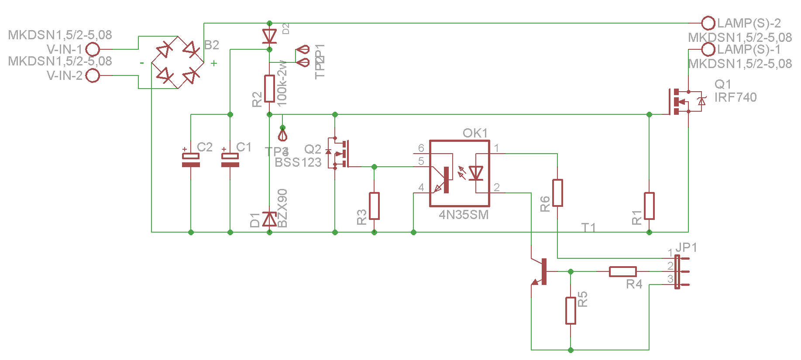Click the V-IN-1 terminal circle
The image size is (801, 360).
[93, 49]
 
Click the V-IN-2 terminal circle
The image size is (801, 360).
[93, 75]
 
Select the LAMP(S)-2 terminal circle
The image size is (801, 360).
[708, 23]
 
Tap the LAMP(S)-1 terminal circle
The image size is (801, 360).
[708, 49]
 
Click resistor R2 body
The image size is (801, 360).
[269, 88]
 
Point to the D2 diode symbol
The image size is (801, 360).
[269, 36]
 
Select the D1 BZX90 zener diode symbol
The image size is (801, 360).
[269, 219]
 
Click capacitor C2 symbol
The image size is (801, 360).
[191, 160]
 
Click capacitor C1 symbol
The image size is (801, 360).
[230, 160]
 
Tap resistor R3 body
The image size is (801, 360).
[374, 206]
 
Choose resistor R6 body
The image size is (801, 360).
[557, 192]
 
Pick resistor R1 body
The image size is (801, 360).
[649, 206]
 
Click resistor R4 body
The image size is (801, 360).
[622, 271]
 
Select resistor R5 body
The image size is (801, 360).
[571, 310]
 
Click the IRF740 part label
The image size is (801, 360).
[735, 97]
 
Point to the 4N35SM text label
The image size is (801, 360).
[463, 215]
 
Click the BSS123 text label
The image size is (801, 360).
[298, 162]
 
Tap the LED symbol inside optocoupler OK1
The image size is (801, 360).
[476, 173]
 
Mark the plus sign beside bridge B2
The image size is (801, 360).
[214, 63]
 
